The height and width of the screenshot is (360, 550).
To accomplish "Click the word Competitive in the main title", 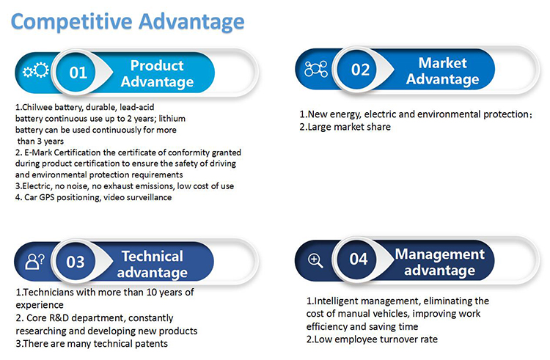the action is click(72, 22).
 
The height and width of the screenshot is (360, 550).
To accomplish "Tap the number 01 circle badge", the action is click(76, 72).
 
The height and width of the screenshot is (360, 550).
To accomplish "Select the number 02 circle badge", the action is click(357, 70).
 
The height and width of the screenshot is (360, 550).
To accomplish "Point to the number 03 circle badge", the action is click(76, 262).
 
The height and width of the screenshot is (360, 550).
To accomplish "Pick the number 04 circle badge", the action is click(357, 259).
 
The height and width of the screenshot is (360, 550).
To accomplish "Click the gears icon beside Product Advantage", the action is click(36, 70).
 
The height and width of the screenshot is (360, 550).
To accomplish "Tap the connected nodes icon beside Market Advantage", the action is click(316, 69).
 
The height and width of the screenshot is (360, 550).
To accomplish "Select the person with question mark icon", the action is click(34, 261).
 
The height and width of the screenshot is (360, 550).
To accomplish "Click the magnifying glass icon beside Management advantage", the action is click(315, 261).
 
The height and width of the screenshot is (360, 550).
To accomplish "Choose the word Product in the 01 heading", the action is click(157, 65).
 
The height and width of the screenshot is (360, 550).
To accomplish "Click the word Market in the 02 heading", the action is click(442, 63).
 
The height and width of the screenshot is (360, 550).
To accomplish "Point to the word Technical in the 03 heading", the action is click(153, 256).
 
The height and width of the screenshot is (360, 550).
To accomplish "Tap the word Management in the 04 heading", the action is click(440, 254).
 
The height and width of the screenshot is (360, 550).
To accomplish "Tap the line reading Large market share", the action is click(345, 127).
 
